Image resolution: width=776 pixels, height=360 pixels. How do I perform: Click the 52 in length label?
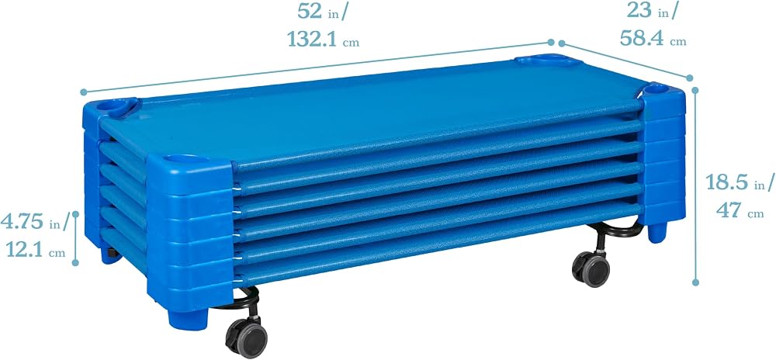click(x=323, y=12)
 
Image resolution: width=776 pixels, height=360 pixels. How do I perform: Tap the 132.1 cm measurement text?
click(x=323, y=39)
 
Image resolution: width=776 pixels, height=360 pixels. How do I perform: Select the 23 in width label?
click(x=652, y=10)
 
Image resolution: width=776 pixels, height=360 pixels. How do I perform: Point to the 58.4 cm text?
click(x=653, y=38)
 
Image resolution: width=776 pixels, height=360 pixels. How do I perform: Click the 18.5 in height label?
click(x=740, y=182)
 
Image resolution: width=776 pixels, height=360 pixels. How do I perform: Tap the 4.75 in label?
click(x=35, y=222)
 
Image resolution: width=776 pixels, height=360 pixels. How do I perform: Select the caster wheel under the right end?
click(x=591, y=269)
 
